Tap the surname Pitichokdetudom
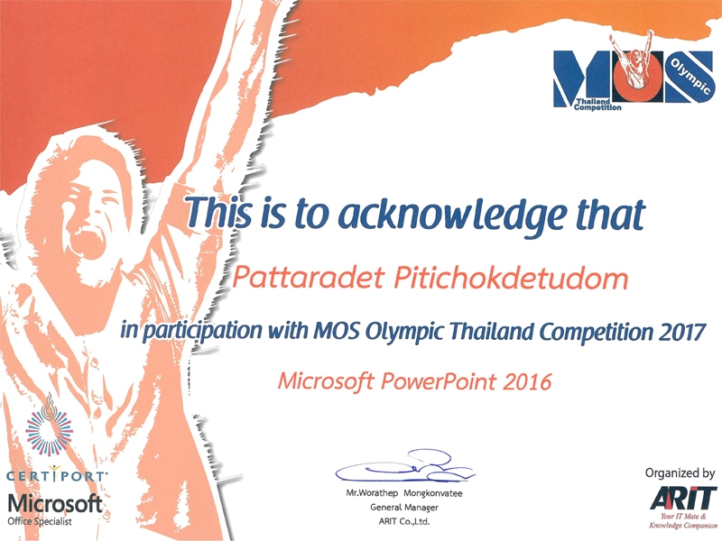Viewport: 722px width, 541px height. click(511, 278)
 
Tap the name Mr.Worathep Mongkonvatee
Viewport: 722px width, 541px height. click(403, 493)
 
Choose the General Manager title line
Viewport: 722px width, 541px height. click(403, 508)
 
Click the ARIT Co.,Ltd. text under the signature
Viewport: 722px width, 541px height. click(403, 522)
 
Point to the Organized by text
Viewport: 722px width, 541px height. click(680, 473)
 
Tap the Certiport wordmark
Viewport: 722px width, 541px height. click(56, 476)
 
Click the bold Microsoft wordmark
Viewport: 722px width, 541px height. click(55, 504)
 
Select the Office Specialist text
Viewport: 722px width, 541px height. click(40, 522)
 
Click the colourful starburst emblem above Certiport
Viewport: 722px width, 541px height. click(49, 431)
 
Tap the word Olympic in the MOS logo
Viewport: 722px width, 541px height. click(690, 77)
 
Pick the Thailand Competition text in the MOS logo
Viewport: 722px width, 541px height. click(597, 105)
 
